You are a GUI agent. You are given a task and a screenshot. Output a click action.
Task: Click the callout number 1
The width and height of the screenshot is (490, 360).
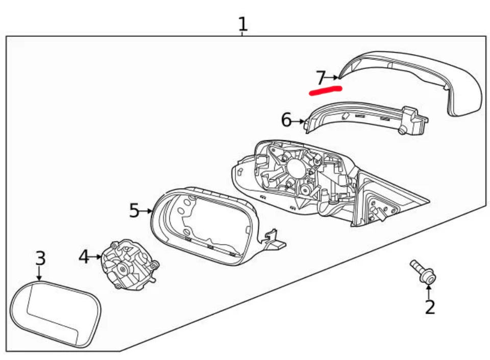pyautogui.click(x=242, y=23)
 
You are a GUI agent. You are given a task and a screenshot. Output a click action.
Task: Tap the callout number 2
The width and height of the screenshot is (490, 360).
pyautogui.click(x=430, y=307)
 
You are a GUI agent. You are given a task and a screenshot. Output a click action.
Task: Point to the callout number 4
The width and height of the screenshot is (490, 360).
pyautogui.click(x=84, y=256)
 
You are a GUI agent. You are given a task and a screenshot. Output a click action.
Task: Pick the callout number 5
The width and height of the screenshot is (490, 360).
pyautogui.click(x=134, y=210)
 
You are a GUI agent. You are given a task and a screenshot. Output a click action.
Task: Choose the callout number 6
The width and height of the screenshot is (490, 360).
pyautogui.click(x=286, y=121)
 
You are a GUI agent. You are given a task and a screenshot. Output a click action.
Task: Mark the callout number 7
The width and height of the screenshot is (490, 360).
pyautogui.click(x=321, y=78)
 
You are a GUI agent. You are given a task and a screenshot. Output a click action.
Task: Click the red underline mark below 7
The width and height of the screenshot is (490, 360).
pyautogui.click(x=325, y=90)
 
